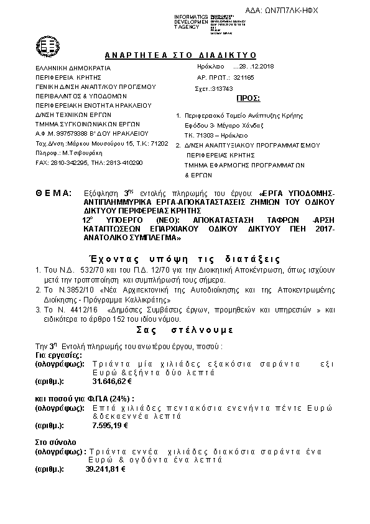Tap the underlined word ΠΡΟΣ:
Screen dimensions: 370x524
pos(249,98)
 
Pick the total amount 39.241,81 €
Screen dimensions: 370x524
pos(106,468)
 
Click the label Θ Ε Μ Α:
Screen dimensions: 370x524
pos(54,194)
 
